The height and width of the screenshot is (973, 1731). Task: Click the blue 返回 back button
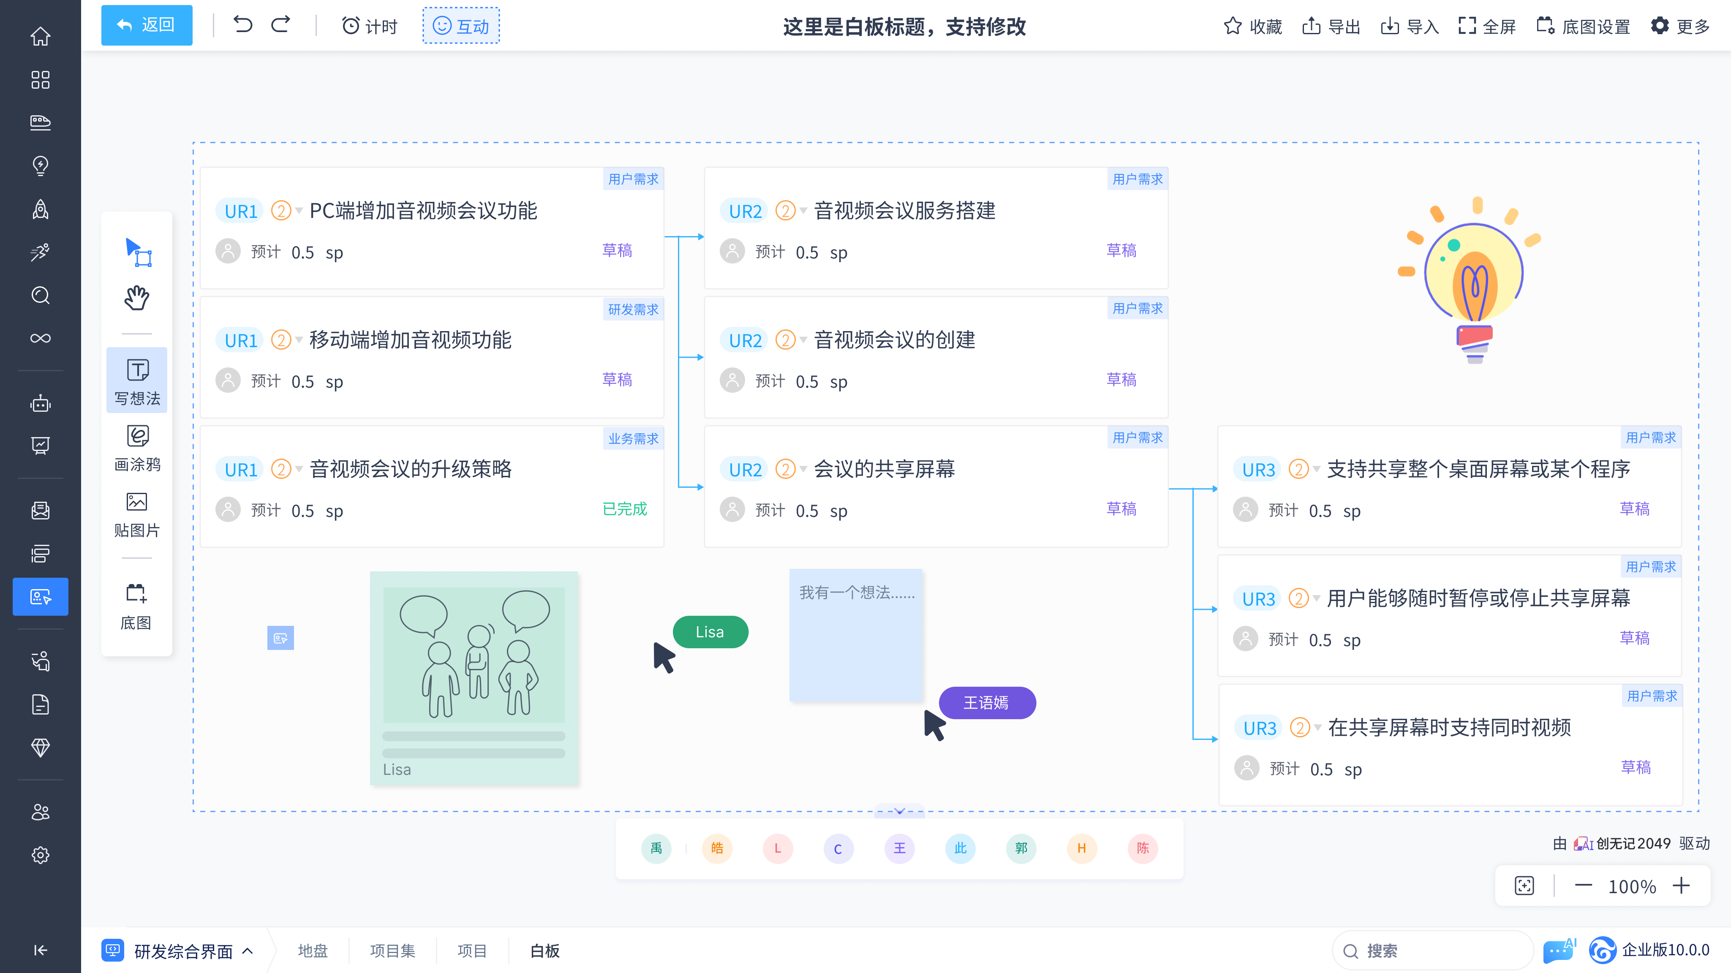(x=147, y=25)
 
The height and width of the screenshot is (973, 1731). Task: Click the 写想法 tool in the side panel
(x=137, y=381)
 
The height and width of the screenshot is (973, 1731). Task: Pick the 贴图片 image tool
(x=137, y=514)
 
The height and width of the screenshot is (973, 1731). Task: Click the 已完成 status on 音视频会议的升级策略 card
(x=624, y=509)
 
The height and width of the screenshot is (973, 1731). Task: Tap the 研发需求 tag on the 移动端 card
(x=633, y=309)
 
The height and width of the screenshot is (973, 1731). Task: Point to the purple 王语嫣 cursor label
(x=986, y=703)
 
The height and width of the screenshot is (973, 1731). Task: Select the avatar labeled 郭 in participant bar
(x=1021, y=848)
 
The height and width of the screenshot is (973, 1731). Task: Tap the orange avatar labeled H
(x=1082, y=848)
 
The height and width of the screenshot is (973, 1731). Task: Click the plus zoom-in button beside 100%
(x=1681, y=886)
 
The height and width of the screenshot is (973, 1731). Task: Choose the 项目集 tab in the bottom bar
(x=392, y=951)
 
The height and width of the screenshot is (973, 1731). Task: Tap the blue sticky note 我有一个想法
(x=855, y=635)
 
